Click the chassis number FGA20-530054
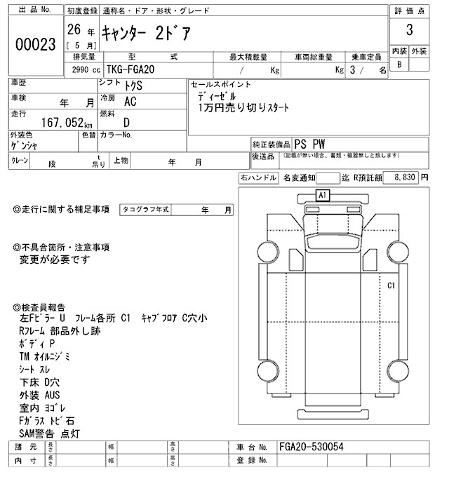click(311, 447)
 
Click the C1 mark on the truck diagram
click(391, 285)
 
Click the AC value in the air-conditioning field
click(130, 102)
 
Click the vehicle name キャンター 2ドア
click(146, 32)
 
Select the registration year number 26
click(73, 29)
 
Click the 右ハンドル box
click(257, 178)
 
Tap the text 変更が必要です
click(56, 260)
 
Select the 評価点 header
click(408, 10)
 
